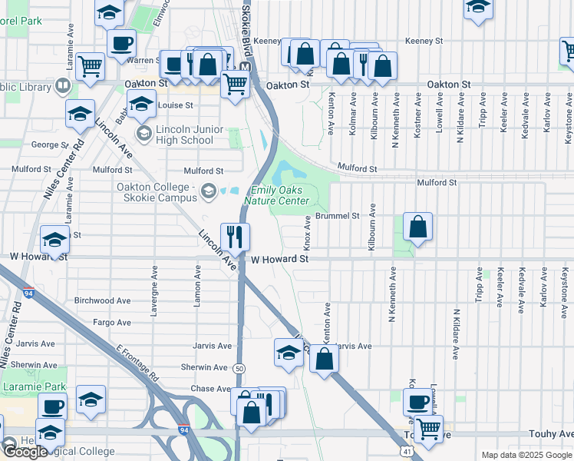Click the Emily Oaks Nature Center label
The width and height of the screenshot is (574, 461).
tap(277, 196)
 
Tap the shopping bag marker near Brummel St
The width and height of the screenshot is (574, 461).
tap(417, 227)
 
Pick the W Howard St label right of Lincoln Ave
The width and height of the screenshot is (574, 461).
tap(279, 260)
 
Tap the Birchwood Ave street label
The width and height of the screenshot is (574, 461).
tap(104, 300)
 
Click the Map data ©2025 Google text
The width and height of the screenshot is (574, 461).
tap(526, 455)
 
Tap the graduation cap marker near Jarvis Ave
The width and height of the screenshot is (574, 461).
tap(289, 353)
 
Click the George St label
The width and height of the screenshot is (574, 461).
tap(50, 144)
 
